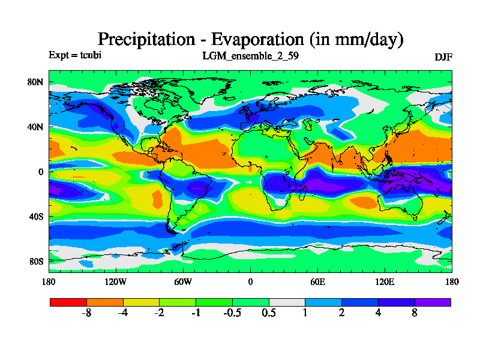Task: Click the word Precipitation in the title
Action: pos(146,40)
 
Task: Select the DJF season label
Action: pos(443,57)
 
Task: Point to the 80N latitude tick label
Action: pos(36,82)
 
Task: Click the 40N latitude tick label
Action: pos(36,127)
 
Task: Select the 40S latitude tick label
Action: pos(36,217)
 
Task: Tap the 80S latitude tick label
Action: pos(36,262)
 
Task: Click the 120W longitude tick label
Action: pos(116,281)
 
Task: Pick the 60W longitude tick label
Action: pos(183,281)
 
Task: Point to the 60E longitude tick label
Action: pos(317,281)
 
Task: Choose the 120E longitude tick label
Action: pos(385,281)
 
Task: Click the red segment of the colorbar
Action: pos(68,302)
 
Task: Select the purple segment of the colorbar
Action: pos(433,302)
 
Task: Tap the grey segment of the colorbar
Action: pos(287,302)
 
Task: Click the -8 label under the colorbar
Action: pos(86,314)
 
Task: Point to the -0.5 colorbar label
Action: pos(232,314)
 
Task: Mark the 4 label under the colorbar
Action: pos(378,314)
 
